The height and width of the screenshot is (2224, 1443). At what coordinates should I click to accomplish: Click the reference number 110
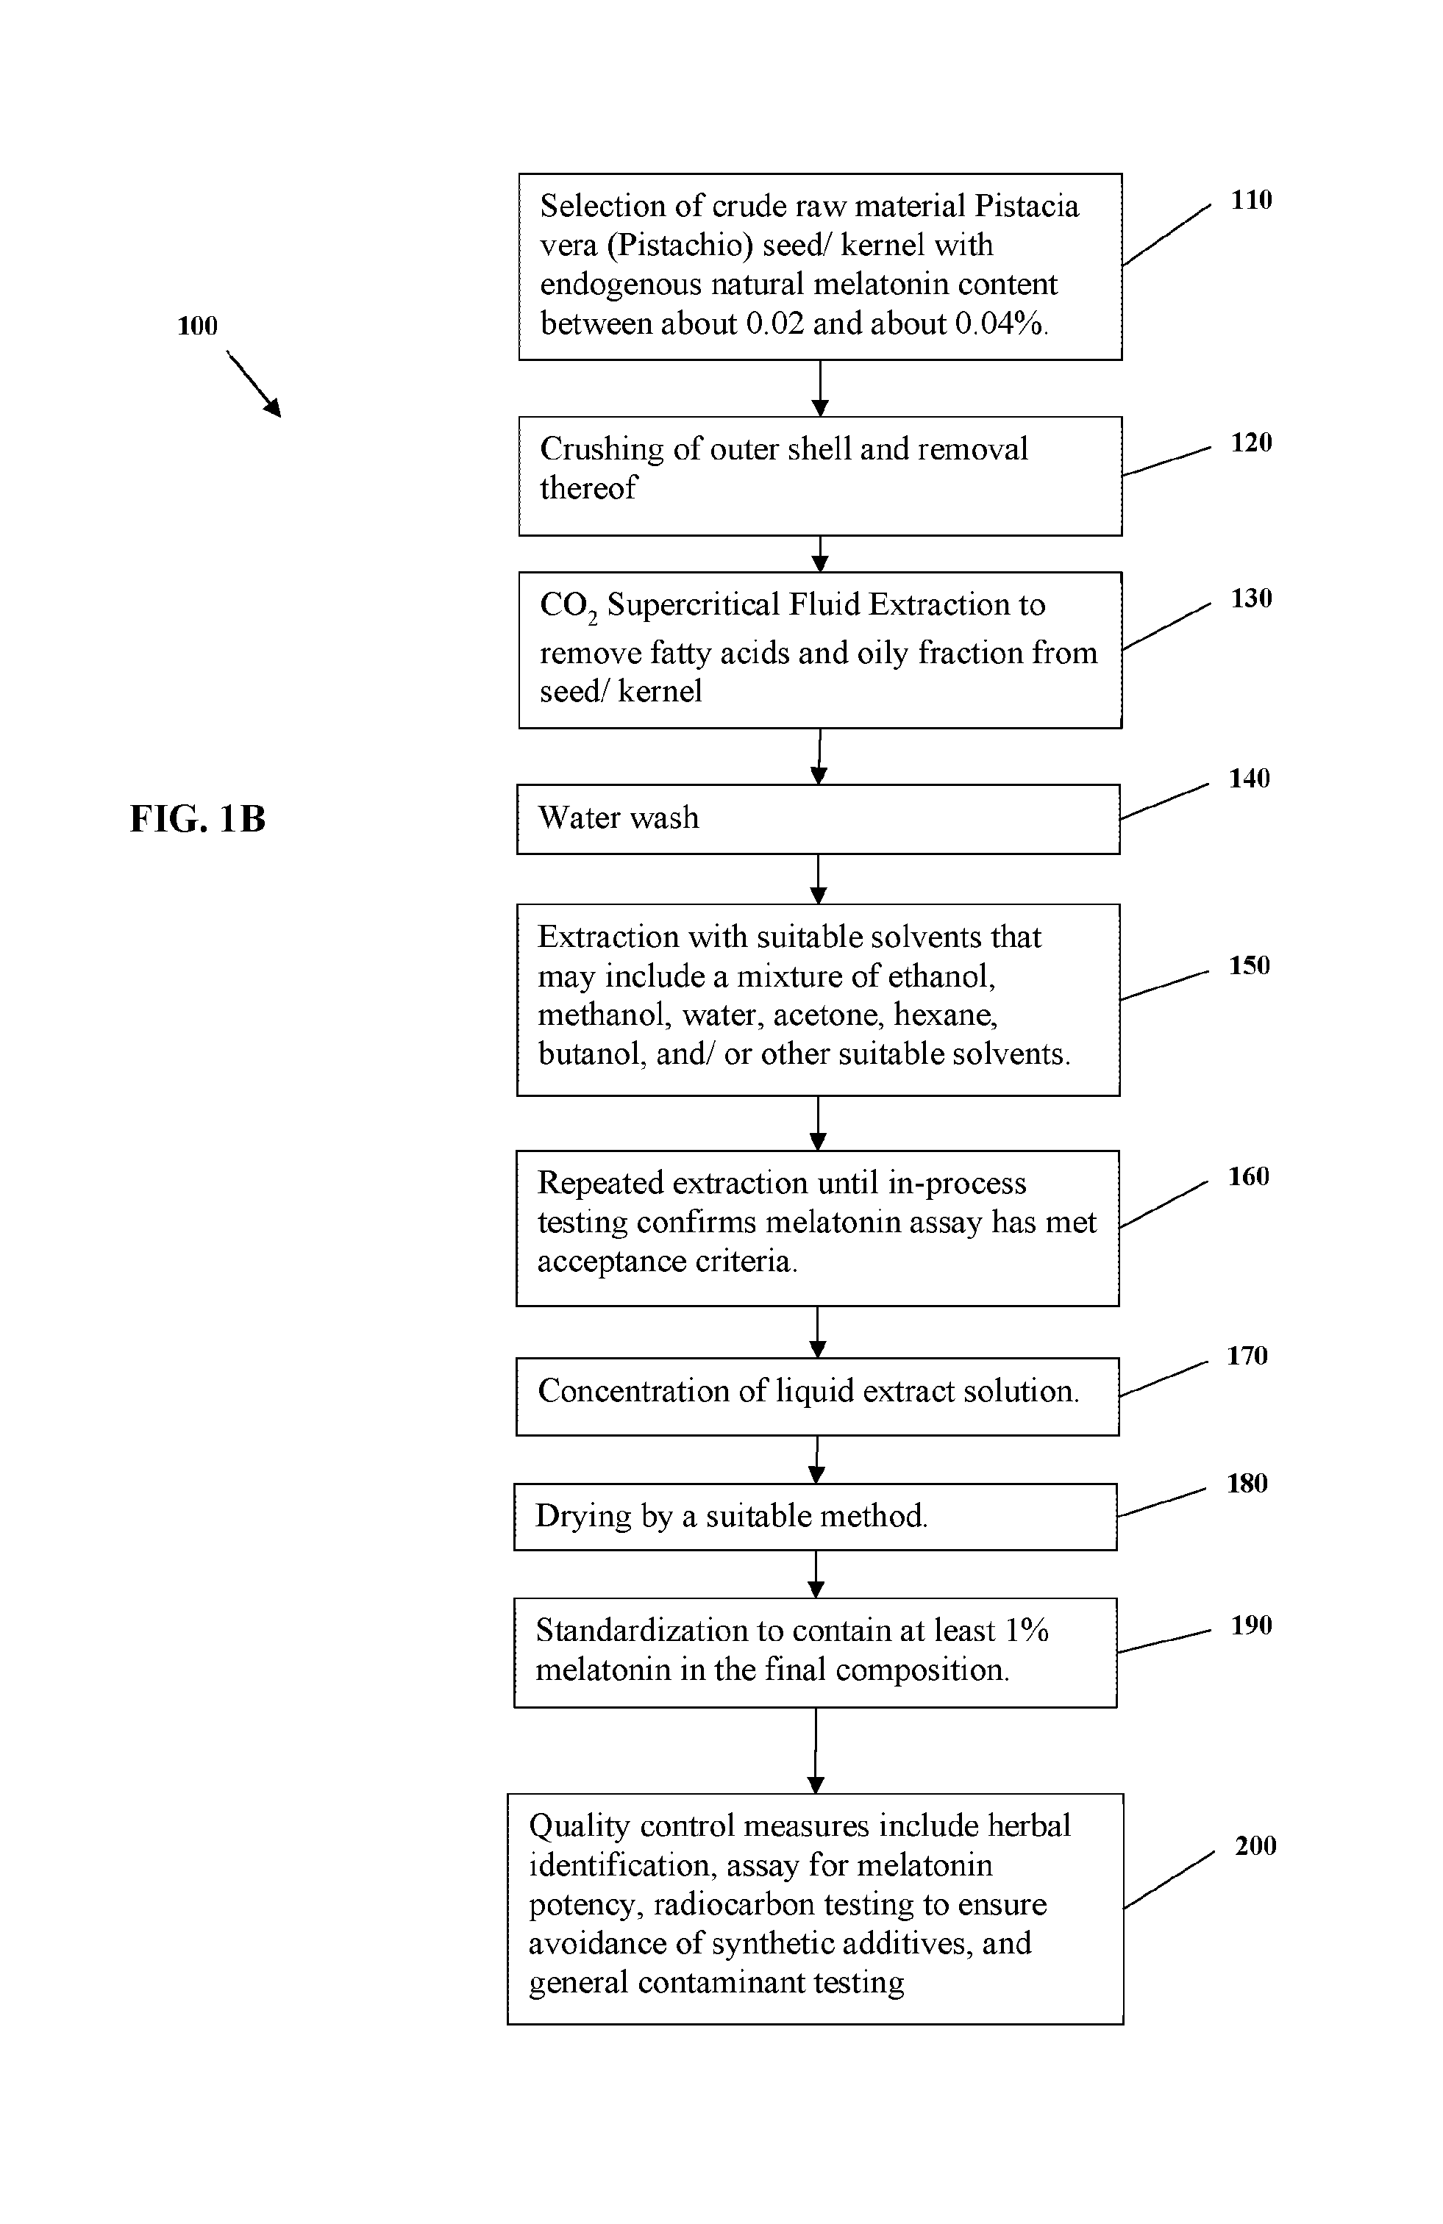pos(1252,200)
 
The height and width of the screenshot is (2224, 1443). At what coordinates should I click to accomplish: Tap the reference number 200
pos(1255,1845)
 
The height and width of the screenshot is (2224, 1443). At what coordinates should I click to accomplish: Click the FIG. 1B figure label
pos(197,818)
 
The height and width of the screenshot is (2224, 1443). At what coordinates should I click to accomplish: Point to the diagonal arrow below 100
pos(253,383)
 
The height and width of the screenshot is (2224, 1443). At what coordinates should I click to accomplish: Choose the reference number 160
pos(1249,1176)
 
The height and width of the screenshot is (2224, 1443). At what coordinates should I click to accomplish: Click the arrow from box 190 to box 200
pos(816,1751)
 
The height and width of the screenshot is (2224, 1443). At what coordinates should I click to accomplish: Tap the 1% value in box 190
pos(1026,1631)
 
